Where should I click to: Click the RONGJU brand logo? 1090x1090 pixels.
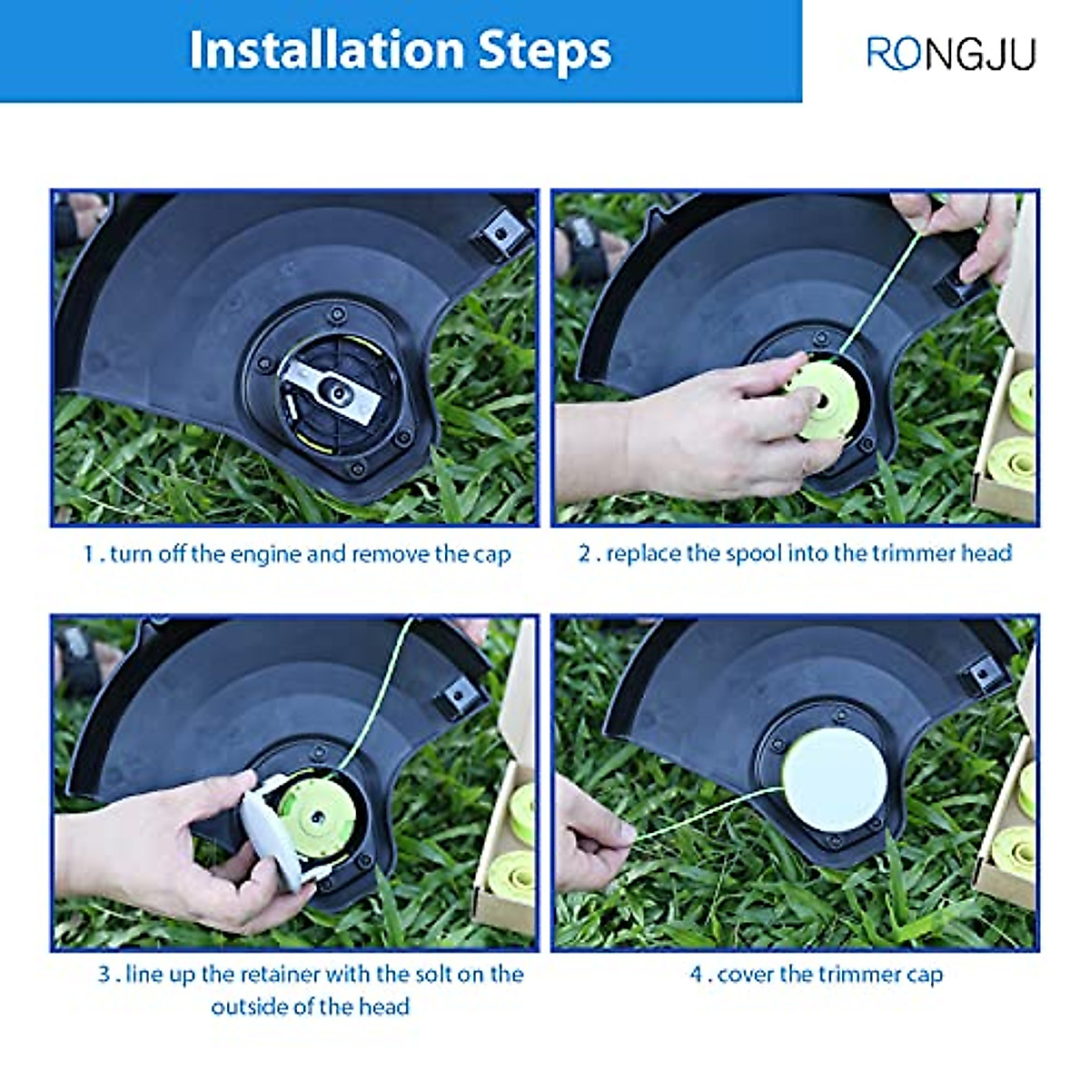pyautogui.click(x=951, y=54)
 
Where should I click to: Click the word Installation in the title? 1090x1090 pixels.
pyautogui.click(x=327, y=51)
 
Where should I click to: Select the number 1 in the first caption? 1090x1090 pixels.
pyautogui.click(x=89, y=554)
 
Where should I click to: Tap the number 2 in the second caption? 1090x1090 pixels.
pyautogui.click(x=584, y=553)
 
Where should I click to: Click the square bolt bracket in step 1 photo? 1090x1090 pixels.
pyautogui.click(x=500, y=234)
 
